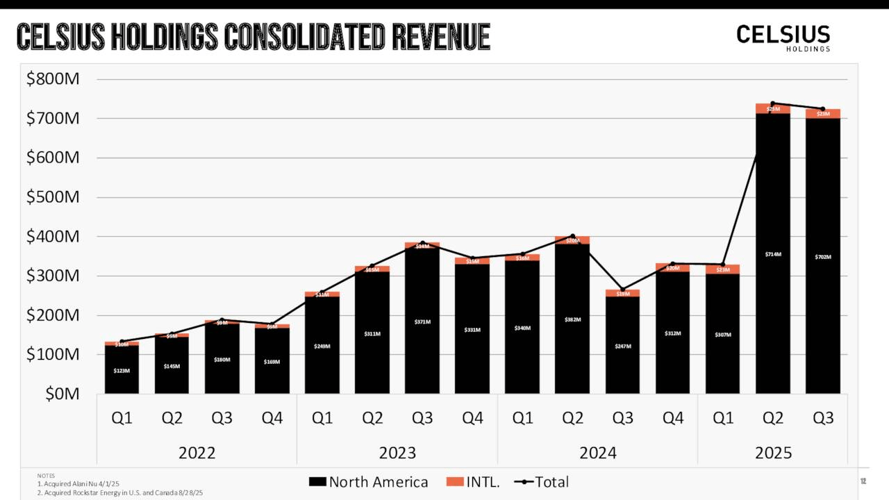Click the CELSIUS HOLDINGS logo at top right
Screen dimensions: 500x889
coord(783,37)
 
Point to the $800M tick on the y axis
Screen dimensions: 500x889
coord(53,79)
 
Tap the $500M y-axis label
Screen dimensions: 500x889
coord(53,197)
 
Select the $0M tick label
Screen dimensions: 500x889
coord(62,394)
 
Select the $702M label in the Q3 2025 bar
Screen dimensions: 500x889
coord(823,257)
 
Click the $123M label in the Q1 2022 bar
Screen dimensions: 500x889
coord(122,371)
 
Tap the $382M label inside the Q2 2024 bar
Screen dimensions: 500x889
coord(572,319)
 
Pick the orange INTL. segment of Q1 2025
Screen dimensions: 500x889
coord(723,269)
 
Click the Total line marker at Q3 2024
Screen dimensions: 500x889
coord(623,290)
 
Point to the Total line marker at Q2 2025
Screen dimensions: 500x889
coord(773,103)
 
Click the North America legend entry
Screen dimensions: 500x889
coord(368,482)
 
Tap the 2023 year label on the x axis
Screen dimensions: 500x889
coord(397,453)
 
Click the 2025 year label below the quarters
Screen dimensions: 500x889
coord(773,453)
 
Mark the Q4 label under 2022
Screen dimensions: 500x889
coord(272,418)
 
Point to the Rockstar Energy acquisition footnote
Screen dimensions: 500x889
coord(119,492)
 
